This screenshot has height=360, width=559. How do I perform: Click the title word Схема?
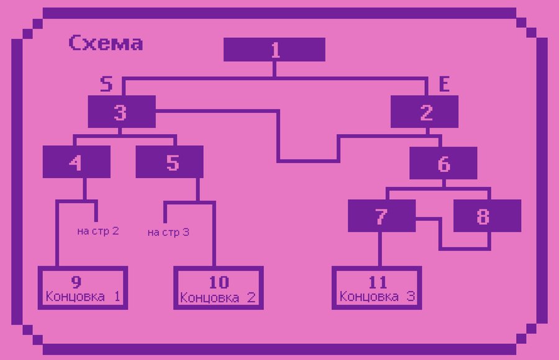[x=106, y=43]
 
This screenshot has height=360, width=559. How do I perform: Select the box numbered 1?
[x=274, y=50]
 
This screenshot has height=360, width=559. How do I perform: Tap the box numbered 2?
[x=425, y=112]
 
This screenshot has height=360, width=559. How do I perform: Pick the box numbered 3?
[x=122, y=112]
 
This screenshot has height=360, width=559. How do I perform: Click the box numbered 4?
[x=76, y=162]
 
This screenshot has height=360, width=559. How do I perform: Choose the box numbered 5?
[x=170, y=162]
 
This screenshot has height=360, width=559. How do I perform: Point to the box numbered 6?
[x=443, y=163]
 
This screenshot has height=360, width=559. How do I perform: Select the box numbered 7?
[x=382, y=215]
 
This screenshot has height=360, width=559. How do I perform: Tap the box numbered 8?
[x=488, y=215]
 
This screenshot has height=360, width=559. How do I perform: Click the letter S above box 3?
[x=106, y=84]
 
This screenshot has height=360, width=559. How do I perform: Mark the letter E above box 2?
[x=444, y=84]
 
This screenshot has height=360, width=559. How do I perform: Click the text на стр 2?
[x=98, y=231]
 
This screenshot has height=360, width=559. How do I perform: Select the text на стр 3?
[x=168, y=232]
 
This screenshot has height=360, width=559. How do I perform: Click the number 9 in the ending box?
[x=76, y=282]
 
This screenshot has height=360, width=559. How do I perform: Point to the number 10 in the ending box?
[x=219, y=282]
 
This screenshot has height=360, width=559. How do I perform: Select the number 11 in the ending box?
[x=378, y=282]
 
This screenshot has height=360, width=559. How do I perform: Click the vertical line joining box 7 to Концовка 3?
[x=380, y=249]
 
